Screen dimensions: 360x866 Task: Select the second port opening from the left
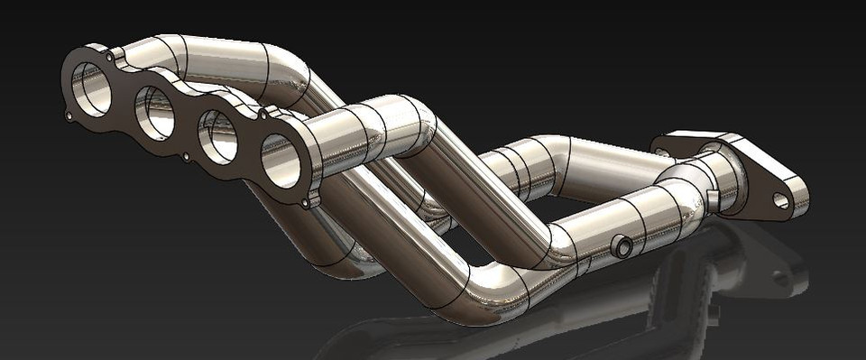point(154,113)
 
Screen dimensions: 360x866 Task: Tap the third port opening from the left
point(217,136)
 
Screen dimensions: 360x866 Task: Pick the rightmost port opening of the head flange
point(281,160)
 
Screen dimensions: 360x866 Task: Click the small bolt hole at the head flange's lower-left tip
point(69,115)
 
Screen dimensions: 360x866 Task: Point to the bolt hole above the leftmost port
point(111,57)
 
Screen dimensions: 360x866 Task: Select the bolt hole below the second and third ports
point(186,157)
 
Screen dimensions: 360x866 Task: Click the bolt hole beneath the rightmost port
point(306,203)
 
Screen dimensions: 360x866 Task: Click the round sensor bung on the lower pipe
point(621,246)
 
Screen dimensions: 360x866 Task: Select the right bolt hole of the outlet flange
point(780,201)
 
